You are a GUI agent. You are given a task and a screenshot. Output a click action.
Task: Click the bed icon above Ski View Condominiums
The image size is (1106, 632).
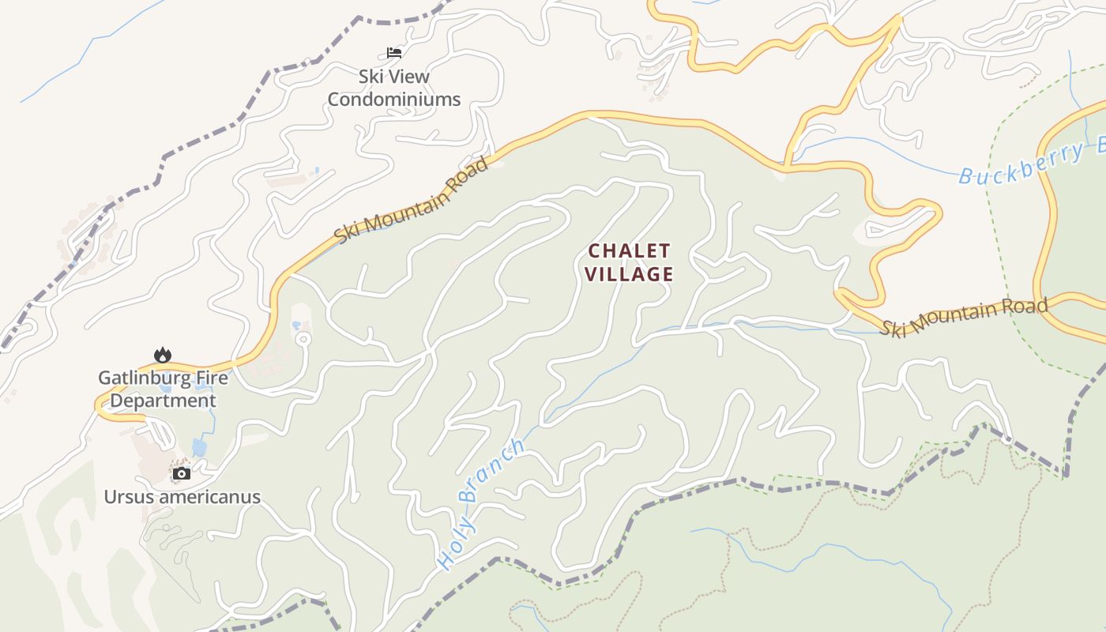pyautogui.click(x=394, y=53)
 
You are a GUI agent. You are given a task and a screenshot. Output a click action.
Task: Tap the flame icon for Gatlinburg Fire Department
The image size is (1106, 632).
pyautogui.click(x=163, y=355)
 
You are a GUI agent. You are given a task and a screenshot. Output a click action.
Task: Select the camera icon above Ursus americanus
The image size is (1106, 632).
pyautogui.click(x=182, y=473)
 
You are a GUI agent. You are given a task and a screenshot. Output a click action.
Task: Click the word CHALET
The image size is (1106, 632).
pyautogui.click(x=630, y=251)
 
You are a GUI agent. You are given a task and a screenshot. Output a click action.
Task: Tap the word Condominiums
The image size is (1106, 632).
pyautogui.click(x=393, y=100)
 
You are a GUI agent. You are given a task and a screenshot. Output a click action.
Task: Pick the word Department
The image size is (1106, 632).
pyautogui.click(x=163, y=401)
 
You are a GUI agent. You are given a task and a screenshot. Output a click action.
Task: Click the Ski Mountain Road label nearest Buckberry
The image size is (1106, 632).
pyautogui.click(x=964, y=317)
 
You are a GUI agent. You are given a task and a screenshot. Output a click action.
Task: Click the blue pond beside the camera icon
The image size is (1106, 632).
pyautogui.click(x=198, y=448)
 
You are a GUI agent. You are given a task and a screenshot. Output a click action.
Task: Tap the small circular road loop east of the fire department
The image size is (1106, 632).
pyautogui.click(x=303, y=339)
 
